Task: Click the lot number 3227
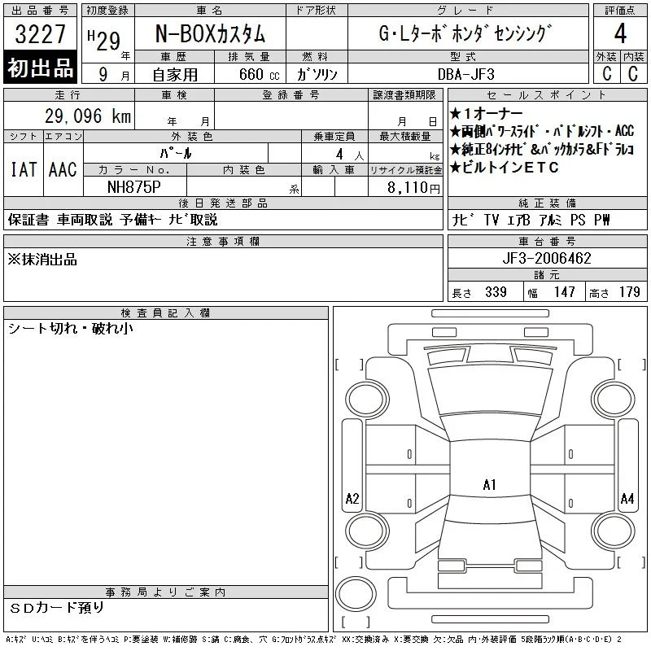click(x=40, y=34)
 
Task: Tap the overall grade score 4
click(x=620, y=33)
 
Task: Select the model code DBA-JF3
click(x=466, y=74)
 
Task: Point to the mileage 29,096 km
click(x=88, y=116)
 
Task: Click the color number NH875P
click(x=134, y=187)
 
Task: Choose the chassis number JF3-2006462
click(x=547, y=258)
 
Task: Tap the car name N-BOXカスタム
click(x=210, y=34)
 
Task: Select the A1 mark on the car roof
click(x=490, y=484)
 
